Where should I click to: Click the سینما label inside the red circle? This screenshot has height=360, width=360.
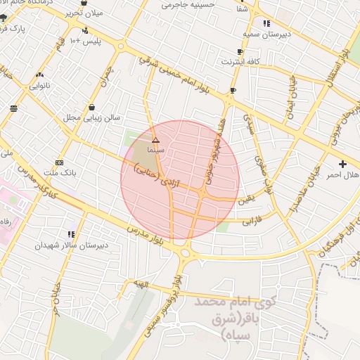pyautogui.click(x=155, y=150)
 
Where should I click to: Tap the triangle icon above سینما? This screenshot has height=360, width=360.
pyautogui.click(x=155, y=141)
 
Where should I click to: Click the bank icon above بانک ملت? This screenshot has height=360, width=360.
pyautogui.click(x=59, y=162)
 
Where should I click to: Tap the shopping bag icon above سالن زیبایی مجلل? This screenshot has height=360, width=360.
pyautogui.click(x=92, y=108)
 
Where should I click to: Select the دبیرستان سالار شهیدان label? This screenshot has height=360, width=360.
pyautogui.click(x=72, y=245)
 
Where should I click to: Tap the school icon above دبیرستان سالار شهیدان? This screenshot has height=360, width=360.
pyautogui.click(x=71, y=234)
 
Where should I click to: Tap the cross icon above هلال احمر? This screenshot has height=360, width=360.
pyautogui.click(x=342, y=164)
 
